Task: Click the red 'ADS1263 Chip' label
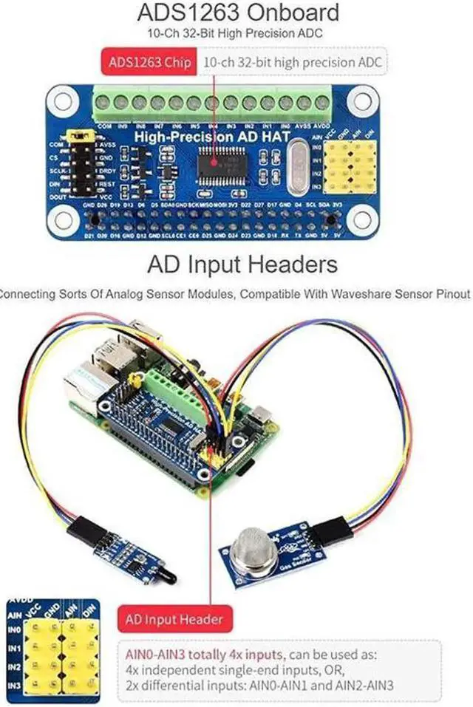(x=149, y=62)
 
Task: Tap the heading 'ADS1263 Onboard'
(x=236, y=13)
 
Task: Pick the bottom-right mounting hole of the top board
(x=362, y=217)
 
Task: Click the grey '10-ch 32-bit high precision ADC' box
(x=293, y=62)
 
